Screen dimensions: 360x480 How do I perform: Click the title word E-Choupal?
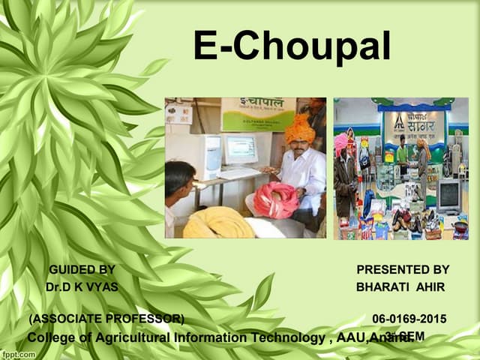tap(292, 46)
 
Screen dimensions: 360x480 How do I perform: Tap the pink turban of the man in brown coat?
tap(341, 140)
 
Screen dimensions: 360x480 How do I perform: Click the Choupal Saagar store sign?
tap(413, 124)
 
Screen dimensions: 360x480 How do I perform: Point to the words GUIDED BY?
tap(82, 269)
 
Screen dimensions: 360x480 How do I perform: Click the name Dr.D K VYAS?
tap(81, 287)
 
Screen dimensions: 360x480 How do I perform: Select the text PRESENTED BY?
tap(403, 269)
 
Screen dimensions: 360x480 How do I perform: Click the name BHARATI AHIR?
tap(400, 287)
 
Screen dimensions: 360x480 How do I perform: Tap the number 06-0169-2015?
tap(409, 319)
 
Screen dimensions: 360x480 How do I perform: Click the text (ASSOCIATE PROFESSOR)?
tap(106, 319)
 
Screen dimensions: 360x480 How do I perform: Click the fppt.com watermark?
tap(19, 352)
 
